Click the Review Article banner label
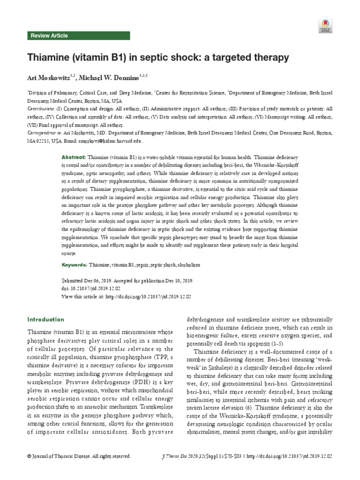pyautogui.click(x=49, y=36)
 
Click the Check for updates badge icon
pyautogui.click(x=325, y=26)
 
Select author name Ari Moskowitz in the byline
pyautogui.click(x=48, y=77)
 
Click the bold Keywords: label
pyautogui.click(x=75, y=265)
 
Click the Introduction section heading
pyautogui.click(x=45, y=320)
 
